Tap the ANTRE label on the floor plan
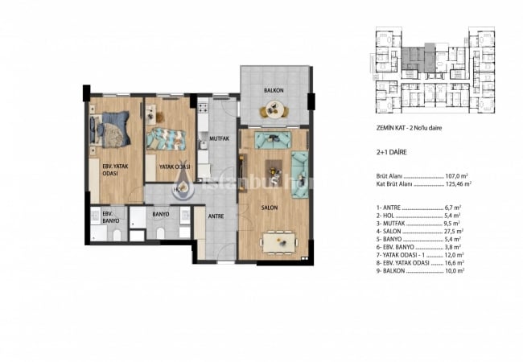coord(216,216)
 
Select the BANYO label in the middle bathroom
coord(159,215)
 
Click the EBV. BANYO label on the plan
coord(107,217)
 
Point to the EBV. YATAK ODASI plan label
coord(110,171)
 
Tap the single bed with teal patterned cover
coord(167,138)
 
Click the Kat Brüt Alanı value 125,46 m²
coord(456,183)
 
